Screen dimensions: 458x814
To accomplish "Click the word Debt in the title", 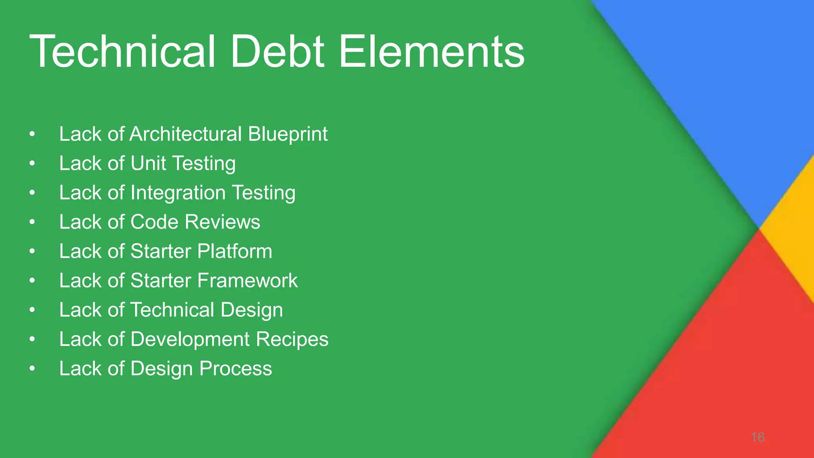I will tap(277, 52).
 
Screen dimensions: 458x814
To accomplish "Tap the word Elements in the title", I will tap(431, 52).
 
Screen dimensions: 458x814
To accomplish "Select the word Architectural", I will tap(186, 134).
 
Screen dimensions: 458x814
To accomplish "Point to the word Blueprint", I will tap(288, 134).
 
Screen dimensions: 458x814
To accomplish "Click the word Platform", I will tap(235, 251).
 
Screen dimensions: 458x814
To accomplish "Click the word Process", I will tap(236, 369).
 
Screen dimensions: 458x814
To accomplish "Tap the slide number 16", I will tap(758, 437).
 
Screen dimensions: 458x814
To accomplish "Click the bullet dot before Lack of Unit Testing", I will tap(32, 163).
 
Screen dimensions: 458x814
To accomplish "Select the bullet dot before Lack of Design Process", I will tap(32, 369).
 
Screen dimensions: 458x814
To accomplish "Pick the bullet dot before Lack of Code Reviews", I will tap(32, 222).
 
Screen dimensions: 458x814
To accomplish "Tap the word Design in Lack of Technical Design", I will tap(252, 311).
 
